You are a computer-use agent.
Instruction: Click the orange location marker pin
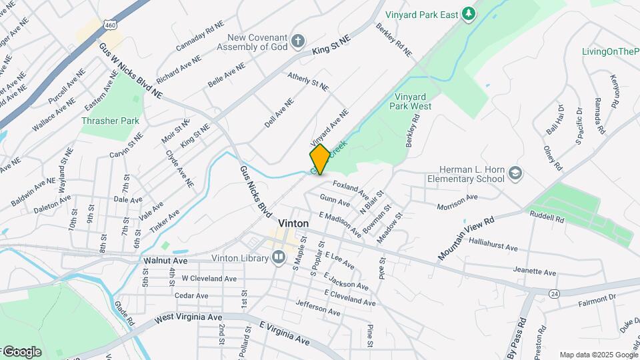pyautogui.click(x=320, y=159)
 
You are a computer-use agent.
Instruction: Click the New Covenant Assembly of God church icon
pyautogui.click(x=298, y=40)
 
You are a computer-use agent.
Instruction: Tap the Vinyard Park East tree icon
pyautogui.click(x=469, y=13)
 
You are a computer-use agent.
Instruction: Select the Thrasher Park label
pyautogui.click(x=110, y=121)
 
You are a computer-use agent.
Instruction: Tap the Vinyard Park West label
pyautogui.click(x=413, y=101)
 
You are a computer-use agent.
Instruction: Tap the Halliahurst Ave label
pyautogui.click(x=493, y=247)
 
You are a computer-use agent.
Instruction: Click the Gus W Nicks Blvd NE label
pyautogui.click(x=130, y=70)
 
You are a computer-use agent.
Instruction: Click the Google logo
pyautogui.click(x=22, y=352)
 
